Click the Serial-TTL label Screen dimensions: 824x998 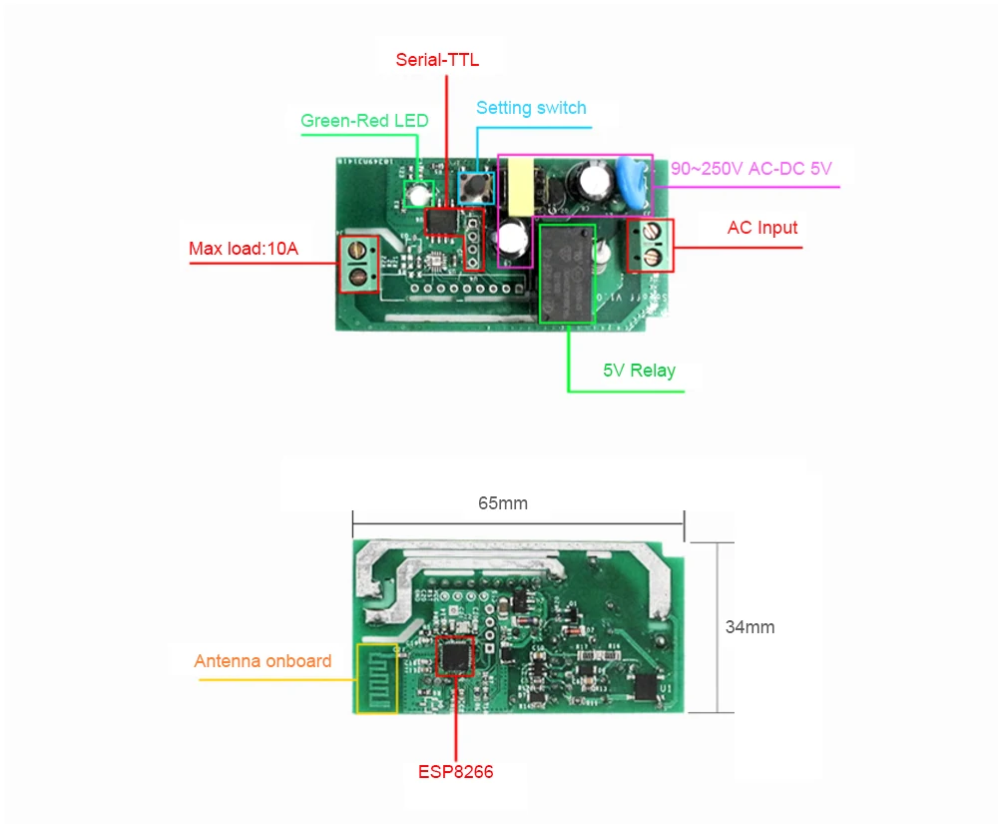pyautogui.click(x=437, y=60)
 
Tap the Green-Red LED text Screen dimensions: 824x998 pyautogui.click(x=364, y=121)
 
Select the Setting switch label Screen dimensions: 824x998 pyautogui.click(x=531, y=108)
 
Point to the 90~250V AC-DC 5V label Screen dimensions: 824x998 pyautogui.click(x=750, y=169)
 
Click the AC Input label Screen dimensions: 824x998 pyautogui.click(x=762, y=228)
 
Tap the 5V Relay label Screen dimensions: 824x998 pyautogui.click(x=639, y=371)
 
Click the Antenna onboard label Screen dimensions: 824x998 pyautogui.click(x=262, y=661)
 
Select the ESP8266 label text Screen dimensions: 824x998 pyautogui.click(x=455, y=772)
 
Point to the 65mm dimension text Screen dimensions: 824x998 pyautogui.click(x=503, y=503)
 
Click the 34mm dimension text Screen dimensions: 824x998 pyautogui.click(x=749, y=627)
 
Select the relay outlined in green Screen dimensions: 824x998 pyautogui.click(x=567, y=273)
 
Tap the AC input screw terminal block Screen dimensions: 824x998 pyautogui.click(x=650, y=246)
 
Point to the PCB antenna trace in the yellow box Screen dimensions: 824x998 pyautogui.click(x=376, y=680)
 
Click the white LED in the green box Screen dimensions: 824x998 pyautogui.click(x=418, y=193)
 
